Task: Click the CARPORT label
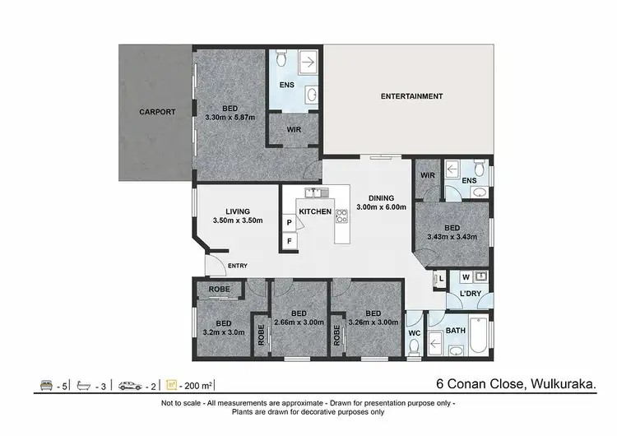pos(156,112)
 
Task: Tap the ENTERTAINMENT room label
pos(411,96)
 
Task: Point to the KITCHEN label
pos(314,211)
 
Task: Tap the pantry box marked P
pos(290,222)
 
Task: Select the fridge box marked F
pos(290,241)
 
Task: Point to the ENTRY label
pos(237,265)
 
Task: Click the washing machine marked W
pos(466,276)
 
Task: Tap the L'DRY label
pos(471,294)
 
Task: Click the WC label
pos(415,333)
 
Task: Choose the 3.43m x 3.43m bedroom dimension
pos(452,237)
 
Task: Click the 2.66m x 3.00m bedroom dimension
pos(299,322)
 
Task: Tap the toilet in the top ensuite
pos(281,58)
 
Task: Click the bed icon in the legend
pos(46,384)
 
